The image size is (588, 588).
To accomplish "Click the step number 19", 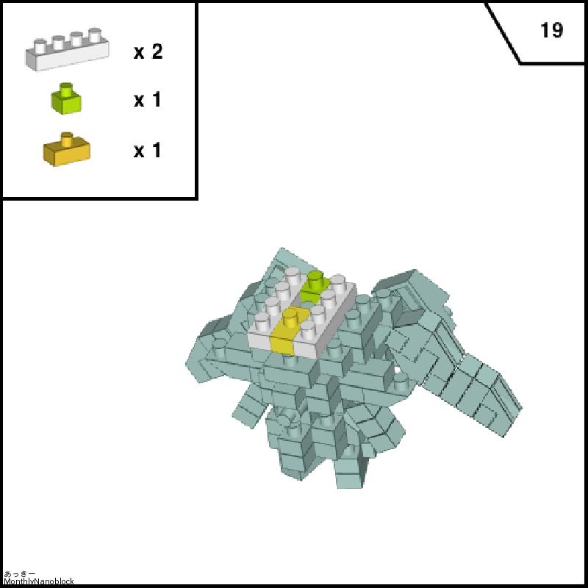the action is coord(551,30).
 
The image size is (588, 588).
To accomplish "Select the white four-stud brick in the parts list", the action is coord(68,49).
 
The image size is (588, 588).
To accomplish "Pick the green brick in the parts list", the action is coord(66,98).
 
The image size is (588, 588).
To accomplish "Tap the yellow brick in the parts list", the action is coord(67,149).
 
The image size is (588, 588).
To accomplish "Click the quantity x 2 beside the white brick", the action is coord(148,51).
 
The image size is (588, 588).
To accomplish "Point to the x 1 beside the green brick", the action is coord(148,100).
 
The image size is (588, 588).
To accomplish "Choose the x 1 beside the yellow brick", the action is coord(148,150).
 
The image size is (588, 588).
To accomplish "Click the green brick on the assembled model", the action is coord(315,287).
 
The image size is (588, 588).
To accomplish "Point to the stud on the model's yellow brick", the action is coord(290,318).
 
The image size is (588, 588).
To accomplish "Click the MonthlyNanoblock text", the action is coord(39,581).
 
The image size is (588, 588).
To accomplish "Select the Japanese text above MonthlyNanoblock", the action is coord(20,574).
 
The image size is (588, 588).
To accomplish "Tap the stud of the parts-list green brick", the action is coord(66,89).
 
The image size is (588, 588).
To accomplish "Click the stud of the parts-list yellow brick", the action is coord(67,139).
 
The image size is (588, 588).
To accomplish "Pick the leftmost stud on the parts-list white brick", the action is coord(40,46).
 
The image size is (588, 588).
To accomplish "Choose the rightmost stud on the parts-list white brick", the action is coord(95,35).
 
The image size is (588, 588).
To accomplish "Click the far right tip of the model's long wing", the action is coord(522,408).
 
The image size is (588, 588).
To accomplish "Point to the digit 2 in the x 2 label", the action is coord(157,51).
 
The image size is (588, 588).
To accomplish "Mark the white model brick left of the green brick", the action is coord(276,311).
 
